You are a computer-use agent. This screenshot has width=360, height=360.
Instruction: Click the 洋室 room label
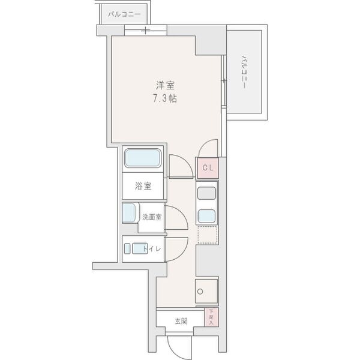tap(166, 86)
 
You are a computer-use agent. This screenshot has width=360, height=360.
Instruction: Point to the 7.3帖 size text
tap(165, 98)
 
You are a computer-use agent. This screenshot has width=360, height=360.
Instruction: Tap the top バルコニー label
tap(124, 14)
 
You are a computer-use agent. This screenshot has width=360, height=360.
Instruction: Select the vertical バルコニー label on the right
tap(244, 72)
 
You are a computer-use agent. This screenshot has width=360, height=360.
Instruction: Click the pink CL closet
tap(208, 168)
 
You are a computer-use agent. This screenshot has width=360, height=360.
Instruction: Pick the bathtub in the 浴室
tap(143, 158)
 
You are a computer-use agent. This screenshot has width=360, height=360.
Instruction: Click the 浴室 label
tap(143, 186)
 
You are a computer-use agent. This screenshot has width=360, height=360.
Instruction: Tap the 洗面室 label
tap(152, 217)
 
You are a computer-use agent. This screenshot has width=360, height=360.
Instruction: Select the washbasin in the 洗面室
tap(129, 213)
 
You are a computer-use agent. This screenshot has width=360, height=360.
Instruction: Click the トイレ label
tap(152, 249)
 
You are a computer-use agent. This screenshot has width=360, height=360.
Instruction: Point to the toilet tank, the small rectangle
tap(127, 248)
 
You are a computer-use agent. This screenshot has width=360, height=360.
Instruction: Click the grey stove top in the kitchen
tap(206, 193)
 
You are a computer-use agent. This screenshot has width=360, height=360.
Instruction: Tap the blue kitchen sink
tap(206, 216)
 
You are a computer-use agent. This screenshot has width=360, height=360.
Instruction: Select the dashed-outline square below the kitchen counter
tap(208, 235)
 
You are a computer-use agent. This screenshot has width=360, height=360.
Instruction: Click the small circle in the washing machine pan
tap(200, 292)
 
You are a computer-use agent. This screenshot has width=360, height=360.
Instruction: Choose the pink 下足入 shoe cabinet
tap(211, 317)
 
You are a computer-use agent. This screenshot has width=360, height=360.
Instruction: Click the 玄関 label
tap(181, 321)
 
